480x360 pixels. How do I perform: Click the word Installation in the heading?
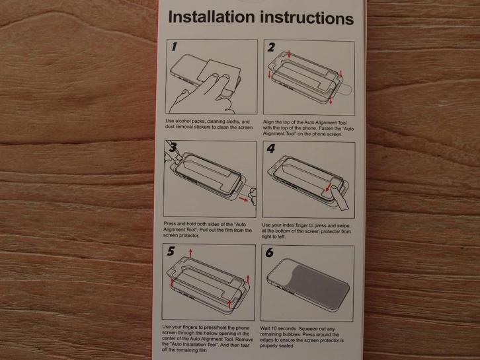[x=212, y=17]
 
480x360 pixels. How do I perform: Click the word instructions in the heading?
[x=307, y=18]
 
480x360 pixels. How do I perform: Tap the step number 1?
[x=174, y=47]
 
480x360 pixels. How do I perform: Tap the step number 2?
[x=271, y=48]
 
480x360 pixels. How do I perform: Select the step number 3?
[x=173, y=147]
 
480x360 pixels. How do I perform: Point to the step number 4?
[x=271, y=149]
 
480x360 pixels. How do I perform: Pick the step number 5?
[x=171, y=251]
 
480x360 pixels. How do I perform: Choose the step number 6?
[x=269, y=252]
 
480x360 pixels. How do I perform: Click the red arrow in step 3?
[x=243, y=199]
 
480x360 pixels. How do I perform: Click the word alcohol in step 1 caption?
[x=182, y=121]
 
